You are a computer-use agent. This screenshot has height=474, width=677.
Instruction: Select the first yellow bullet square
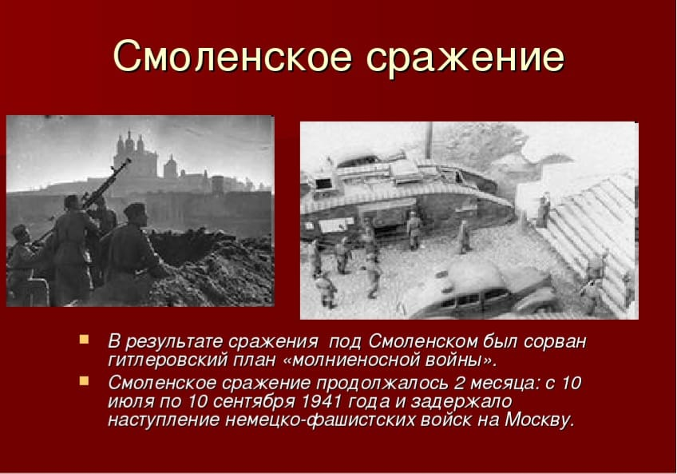84,339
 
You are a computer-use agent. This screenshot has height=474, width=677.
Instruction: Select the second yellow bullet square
84,380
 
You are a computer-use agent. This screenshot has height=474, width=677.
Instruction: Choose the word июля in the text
128,401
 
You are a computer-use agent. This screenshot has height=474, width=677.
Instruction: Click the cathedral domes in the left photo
133,152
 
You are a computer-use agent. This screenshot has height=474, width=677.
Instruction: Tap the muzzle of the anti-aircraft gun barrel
128,162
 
